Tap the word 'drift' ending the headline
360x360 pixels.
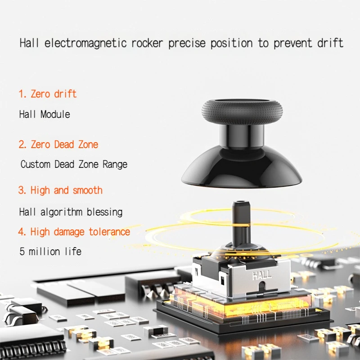(x=330, y=43)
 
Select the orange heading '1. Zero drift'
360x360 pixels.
(x=47, y=94)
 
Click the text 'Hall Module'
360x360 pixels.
(x=45, y=114)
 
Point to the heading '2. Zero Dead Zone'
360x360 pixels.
(x=58, y=144)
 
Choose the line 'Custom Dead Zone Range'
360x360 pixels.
(x=74, y=164)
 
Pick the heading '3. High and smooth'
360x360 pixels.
(x=60, y=190)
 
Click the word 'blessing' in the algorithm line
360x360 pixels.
(x=104, y=212)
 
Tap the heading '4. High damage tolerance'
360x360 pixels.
(x=74, y=232)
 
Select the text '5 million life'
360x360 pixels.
(x=50, y=252)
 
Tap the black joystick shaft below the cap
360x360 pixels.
(x=241, y=223)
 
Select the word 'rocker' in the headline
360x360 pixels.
(x=150, y=43)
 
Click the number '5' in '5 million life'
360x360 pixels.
(x=22, y=252)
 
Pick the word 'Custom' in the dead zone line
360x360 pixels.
(x=36, y=164)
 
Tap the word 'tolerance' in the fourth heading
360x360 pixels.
(x=109, y=232)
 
